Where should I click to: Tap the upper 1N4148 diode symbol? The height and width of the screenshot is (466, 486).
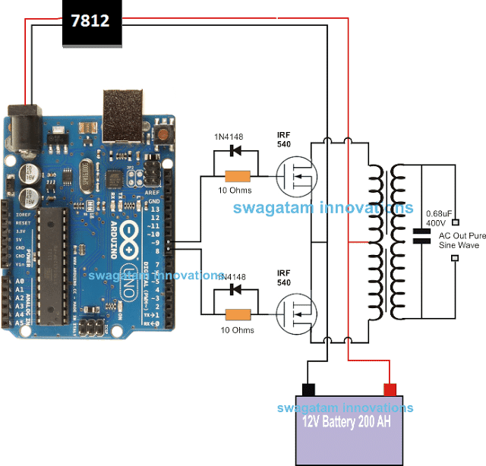233,150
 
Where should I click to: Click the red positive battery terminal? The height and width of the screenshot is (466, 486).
390,390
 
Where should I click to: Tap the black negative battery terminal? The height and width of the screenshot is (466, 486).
308,390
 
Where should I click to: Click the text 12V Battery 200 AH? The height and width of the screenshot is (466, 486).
349,423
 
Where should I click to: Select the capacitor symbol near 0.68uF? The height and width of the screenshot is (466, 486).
420,235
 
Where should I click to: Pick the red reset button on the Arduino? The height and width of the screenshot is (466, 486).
163,134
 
